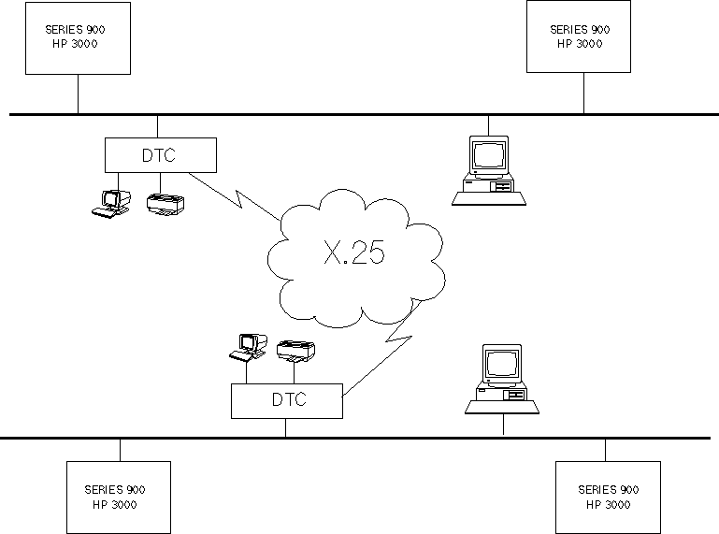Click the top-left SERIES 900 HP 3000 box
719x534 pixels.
tap(77, 37)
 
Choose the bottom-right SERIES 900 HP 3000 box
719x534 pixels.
tap(608, 497)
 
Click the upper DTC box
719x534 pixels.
tap(159, 155)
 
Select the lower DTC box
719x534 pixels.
tap(287, 400)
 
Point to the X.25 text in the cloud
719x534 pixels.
tap(353, 253)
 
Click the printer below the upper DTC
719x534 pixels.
tap(167, 204)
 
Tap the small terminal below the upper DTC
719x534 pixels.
tap(111, 202)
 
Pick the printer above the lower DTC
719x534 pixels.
tap(297, 351)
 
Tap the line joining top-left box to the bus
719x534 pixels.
tap(78, 94)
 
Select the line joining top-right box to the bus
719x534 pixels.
tap(584, 94)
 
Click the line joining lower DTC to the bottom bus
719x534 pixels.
tap(286, 427)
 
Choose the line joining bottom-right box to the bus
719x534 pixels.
tap(605, 449)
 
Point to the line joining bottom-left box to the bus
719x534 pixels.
tap(120, 449)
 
